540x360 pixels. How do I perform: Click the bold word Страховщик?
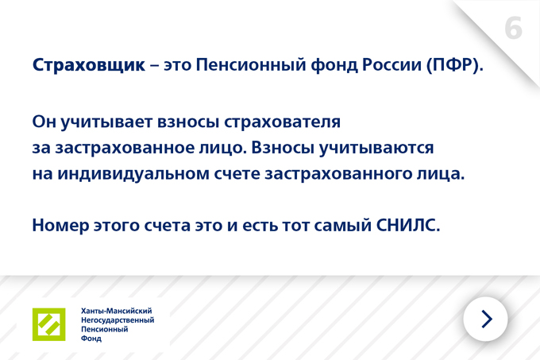(x=88, y=65)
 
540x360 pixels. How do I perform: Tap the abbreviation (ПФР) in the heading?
(x=455, y=65)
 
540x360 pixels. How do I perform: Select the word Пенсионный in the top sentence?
(x=251, y=65)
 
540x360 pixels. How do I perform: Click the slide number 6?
(x=513, y=29)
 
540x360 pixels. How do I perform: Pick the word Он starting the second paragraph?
(x=44, y=122)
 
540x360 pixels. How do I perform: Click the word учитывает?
(x=106, y=122)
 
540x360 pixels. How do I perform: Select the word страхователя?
(x=282, y=122)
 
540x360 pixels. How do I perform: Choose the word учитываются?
(x=376, y=148)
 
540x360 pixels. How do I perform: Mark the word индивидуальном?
(x=133, y=174)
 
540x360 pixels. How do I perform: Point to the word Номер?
(x=60, y=226)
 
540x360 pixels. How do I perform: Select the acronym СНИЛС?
(x=408, y=226)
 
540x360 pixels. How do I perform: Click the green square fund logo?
(x=49, y=324)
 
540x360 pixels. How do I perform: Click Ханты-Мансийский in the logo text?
(x=117, y=311)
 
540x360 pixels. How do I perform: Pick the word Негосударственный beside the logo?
(x=118, y=320)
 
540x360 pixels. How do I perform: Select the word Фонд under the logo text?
(x=91, y=339)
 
